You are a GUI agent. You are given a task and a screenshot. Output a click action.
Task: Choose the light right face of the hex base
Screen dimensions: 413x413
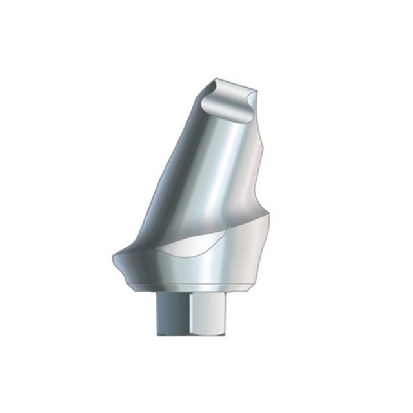216,313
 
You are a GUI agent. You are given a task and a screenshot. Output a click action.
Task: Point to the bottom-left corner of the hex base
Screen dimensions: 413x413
159,333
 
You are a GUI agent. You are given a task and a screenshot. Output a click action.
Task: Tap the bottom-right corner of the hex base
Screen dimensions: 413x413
236,333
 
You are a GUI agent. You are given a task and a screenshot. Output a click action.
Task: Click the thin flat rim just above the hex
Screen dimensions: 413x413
197,288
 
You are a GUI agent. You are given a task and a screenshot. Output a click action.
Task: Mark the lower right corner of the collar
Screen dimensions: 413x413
263,281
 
